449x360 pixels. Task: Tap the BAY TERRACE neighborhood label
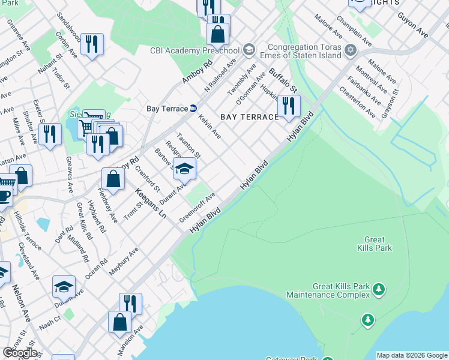tap(250, 116)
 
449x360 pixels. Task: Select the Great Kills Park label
tap(374, 244)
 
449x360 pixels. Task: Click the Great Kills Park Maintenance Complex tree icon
tap(379, 290)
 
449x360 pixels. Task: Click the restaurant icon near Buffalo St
tap(289, 106)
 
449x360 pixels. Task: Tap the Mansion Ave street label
tap(134, 340)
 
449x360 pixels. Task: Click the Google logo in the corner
tap(20, 352)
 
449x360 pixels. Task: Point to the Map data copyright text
tap(412, 355)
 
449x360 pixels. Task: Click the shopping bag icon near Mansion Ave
tap(119, 321)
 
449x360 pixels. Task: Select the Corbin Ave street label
tap(65, 45)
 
